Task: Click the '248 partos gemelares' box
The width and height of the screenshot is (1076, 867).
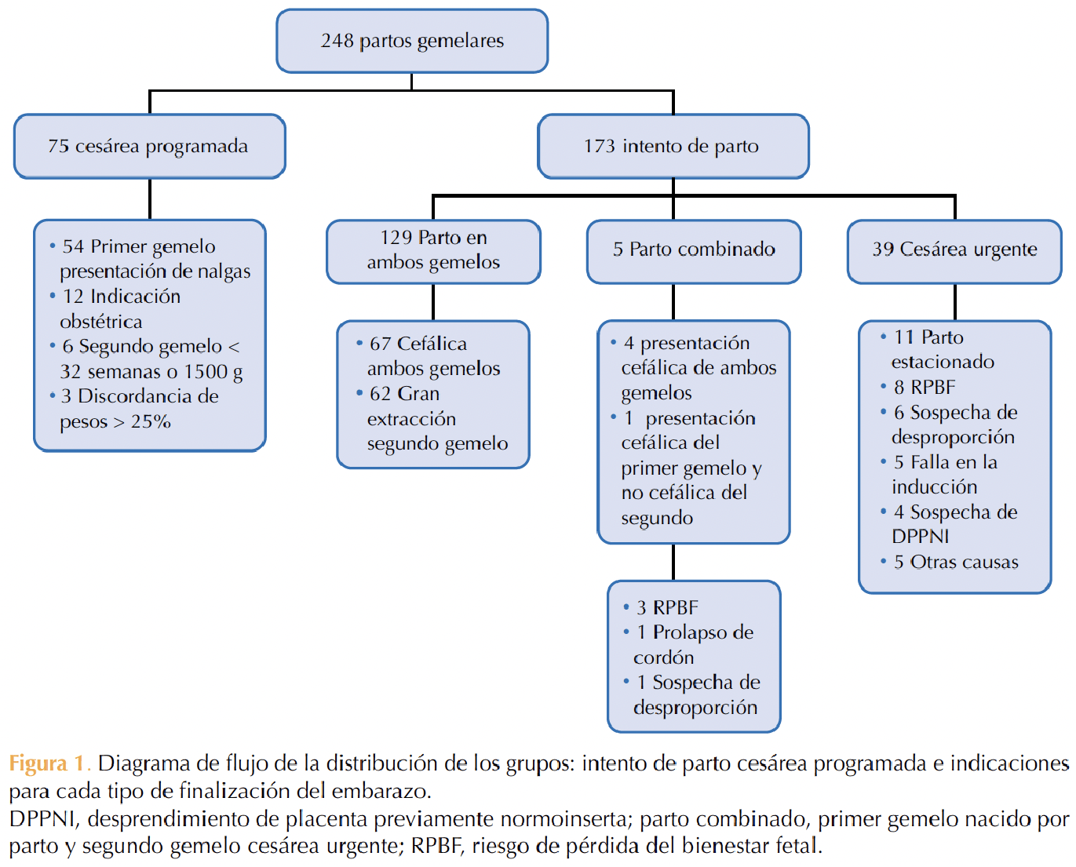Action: [412, 41]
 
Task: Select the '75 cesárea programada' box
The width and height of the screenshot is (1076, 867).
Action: [149, 146]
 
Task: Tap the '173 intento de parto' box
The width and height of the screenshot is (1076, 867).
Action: [673, 146]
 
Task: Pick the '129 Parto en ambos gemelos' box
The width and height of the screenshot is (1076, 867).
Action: [433, 252]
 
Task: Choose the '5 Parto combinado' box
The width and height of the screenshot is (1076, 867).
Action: [694, 252]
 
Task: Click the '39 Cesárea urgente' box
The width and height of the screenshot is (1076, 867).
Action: [954, 252]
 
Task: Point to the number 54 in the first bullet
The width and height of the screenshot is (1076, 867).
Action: [73, 246]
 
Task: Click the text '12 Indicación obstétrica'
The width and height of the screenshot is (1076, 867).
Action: [120, 308]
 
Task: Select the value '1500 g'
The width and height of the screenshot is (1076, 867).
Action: [213, 371]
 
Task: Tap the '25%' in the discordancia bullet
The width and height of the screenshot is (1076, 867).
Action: [151, 421]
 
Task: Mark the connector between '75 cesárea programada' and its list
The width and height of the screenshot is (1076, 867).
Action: [149, 199]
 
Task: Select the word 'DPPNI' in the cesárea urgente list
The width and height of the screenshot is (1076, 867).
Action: [920, 537]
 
